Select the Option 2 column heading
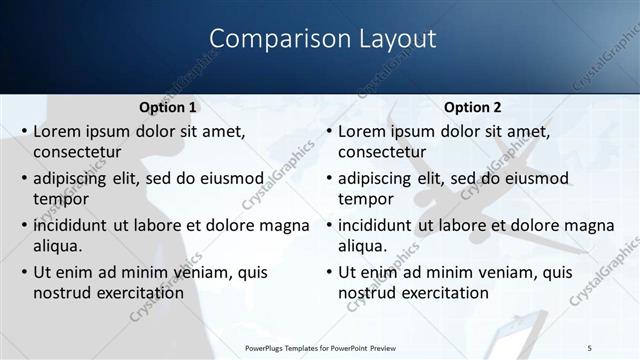point(472,108)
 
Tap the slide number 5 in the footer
point(589,347)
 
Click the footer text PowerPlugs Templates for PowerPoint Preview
point(319,347)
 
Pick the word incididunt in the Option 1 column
point(73,225)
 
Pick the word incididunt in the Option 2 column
point(378,225)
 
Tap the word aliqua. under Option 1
point(59,245)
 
